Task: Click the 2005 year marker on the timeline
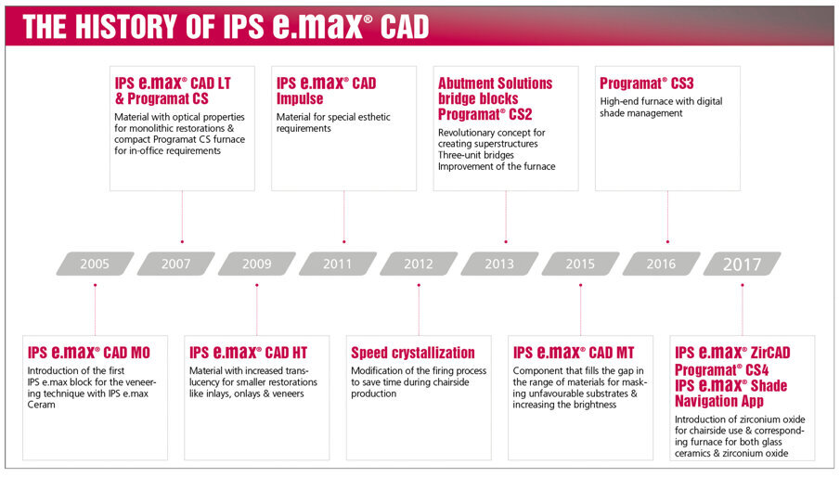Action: (x=95, y=264)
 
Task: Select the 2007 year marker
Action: (x=175, y=264)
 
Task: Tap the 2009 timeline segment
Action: (x=257, y=264)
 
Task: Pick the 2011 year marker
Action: (x=338, y=264)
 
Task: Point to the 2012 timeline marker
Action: (x=419, y=264)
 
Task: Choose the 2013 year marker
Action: (x=499, y=264)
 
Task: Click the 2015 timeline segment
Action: (x=580, y=264)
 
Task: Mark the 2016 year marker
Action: (x=661, y=264)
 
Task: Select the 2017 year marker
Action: (x=742, y=264)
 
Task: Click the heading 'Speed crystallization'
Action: (x=412, y=353)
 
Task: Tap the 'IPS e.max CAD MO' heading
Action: (x=88, y=353)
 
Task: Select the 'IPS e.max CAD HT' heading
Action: (x=248, y=353)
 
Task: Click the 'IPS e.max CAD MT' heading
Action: (x=572, y=353)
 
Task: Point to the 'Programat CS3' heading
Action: (x=646, y=84)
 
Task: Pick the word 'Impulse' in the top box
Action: (x=300, y=98)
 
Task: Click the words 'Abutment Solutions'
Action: (x=495, y=84)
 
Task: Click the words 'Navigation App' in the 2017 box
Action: (x=719, y=401)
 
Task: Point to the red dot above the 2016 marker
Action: (x=667, y=241)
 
